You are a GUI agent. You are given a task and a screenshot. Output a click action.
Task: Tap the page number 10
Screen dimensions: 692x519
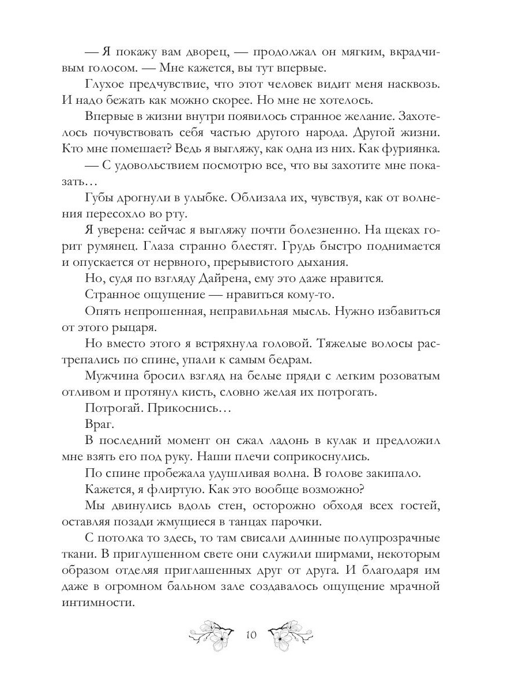(251, 635)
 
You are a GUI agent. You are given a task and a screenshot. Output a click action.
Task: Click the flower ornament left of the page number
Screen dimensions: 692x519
(213, 634)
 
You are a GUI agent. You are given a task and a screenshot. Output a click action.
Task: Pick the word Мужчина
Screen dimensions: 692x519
(113, 377)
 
